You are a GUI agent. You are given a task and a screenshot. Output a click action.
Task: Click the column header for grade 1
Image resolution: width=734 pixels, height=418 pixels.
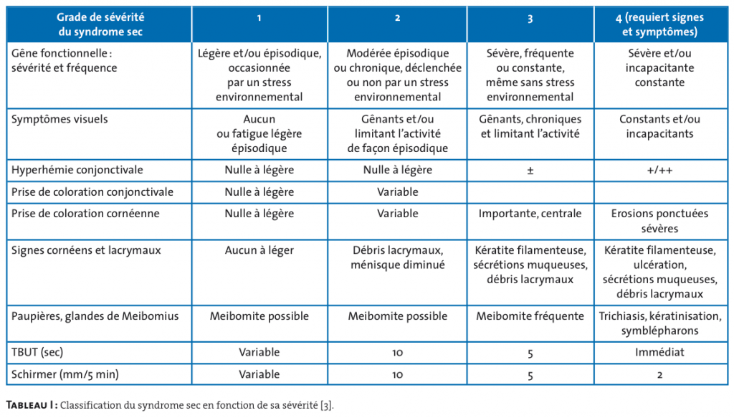(x=259, y=18)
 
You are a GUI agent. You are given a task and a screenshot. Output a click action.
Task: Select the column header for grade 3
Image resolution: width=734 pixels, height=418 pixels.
(x=530, y=18)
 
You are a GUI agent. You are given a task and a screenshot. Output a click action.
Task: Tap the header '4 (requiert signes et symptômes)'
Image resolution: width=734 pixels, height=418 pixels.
(x=659, y=25)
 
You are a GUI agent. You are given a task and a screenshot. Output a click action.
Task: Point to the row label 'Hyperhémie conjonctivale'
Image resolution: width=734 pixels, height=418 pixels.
(x=77, y=170)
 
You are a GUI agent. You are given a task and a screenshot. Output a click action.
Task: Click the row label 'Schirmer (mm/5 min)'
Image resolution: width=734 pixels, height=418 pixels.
(x=65, y=374)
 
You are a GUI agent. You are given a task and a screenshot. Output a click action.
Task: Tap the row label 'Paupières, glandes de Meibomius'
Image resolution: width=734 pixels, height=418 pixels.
(x=95, y=316)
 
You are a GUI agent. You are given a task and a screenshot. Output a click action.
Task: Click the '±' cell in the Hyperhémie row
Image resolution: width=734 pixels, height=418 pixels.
(x=530, y=171)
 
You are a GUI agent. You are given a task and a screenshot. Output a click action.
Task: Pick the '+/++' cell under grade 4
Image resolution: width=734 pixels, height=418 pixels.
(x=659, y=171)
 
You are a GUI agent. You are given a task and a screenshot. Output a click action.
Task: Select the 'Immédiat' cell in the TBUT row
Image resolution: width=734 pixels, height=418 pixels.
(x=659, y=353)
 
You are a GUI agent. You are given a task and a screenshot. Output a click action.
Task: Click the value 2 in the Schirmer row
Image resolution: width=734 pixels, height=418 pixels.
(x=659, y=374)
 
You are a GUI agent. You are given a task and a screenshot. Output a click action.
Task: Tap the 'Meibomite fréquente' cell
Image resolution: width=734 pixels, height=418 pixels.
(x=530, y=316)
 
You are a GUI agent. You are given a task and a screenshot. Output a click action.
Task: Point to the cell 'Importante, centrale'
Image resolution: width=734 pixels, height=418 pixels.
(x=530, y=214)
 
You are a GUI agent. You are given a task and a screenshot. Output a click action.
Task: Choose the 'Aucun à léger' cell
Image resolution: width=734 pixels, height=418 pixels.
(x=259, y=250)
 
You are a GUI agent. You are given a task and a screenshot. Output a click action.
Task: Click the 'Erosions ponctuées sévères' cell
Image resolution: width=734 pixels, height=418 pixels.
(x=659, y=221)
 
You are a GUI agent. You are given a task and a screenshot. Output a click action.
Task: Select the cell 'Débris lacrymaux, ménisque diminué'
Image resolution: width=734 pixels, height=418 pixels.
(x=397, y=257)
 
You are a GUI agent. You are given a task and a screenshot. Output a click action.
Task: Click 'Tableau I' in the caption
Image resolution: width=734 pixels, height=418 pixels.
(x=31, y=405)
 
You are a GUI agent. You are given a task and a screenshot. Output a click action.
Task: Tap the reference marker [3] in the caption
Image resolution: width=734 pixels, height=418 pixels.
(x=326, y=405)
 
